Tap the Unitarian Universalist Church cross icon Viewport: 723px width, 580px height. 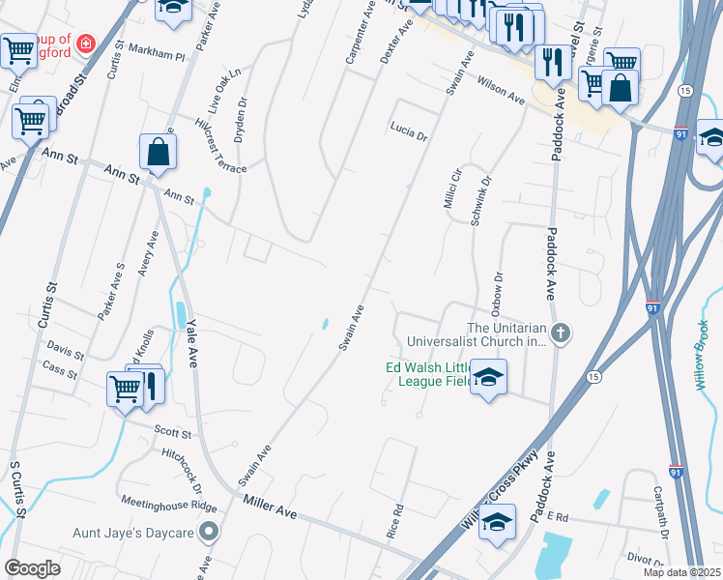point(561,334)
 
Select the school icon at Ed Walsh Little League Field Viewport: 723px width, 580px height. point(489,377)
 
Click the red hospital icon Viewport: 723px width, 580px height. point(87,44)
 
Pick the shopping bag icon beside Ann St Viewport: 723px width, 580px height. point(158,152)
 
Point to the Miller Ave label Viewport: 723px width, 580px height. point(269,504)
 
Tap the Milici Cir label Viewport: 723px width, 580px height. point(451,186)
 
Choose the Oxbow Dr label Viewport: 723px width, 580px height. point(499,288)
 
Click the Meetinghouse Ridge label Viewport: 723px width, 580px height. point(168,504)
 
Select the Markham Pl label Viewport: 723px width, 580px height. point(156,57)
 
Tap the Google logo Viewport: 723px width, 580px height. point(32,568)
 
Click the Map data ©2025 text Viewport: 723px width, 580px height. point(681,572)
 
